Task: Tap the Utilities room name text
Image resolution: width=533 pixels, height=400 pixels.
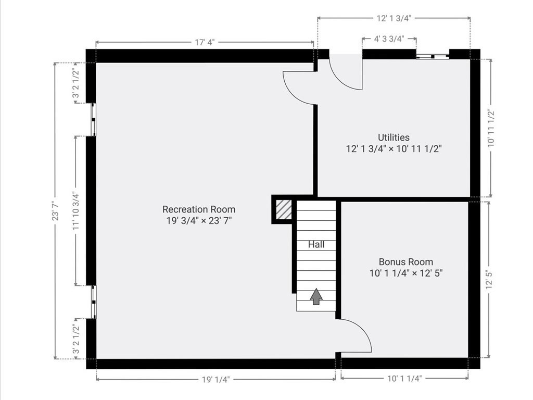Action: (394, 137)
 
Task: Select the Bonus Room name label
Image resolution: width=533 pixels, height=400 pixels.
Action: (405, 262)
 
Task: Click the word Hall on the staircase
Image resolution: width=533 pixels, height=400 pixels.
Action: (316, 244)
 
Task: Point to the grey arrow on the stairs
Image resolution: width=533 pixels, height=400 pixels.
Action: (316, 296)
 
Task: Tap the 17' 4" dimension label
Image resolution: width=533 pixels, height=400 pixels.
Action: (205, 43)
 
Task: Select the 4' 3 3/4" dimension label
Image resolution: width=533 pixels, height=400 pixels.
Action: (389, 39)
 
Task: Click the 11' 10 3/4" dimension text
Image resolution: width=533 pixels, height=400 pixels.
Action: (76, 211)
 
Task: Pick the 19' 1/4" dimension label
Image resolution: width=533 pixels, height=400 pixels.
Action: (215, 379)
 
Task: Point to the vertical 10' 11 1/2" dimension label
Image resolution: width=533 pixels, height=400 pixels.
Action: (490, 128)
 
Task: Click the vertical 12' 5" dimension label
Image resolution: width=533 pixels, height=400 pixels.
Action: (489, 280)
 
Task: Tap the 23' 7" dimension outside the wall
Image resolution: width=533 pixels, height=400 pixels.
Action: (55, 211)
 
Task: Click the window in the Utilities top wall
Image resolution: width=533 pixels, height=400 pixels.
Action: (433, 55)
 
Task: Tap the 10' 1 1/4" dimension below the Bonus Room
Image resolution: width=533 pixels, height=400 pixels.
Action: (404, 379)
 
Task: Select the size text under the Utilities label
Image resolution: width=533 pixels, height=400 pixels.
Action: (394, 149)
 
